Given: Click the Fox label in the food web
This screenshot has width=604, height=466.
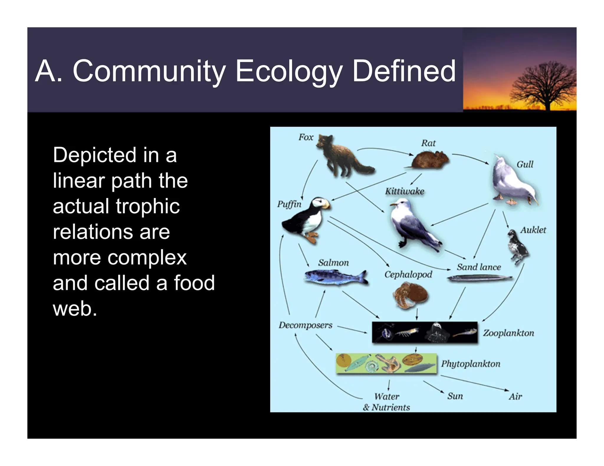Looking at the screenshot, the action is [306, 137].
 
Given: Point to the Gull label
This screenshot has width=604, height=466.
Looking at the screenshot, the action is [525, 164].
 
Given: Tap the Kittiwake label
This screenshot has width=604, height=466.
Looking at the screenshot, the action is [405, 191].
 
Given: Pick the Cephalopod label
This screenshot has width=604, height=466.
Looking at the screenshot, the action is [408, 275].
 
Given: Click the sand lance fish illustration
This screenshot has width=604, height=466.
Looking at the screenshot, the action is [479, 278].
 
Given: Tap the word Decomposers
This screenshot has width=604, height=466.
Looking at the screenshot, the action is [306, 325].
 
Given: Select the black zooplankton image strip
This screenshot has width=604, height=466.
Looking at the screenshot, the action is [424, 332].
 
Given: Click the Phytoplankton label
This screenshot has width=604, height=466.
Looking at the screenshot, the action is [471, 364].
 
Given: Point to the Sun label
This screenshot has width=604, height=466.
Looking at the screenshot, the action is [455, 396].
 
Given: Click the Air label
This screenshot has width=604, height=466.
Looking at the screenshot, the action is [515, 397].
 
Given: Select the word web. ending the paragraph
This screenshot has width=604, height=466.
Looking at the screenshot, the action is [75, 308].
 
